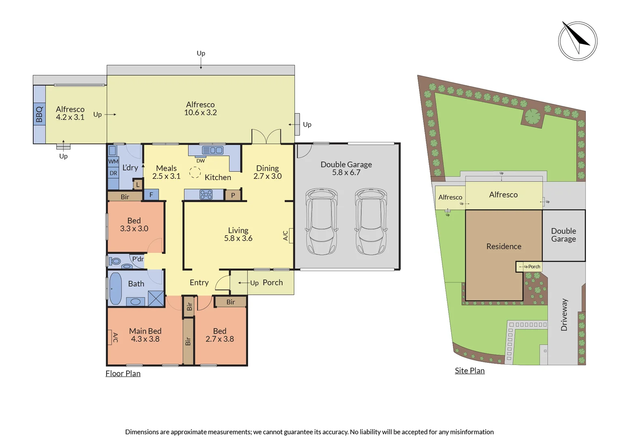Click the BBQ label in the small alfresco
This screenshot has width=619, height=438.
point(39,114)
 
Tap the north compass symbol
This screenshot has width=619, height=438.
point(578,41)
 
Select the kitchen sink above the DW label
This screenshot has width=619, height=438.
point(212,150)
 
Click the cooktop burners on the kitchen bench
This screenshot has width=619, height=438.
point(206,194)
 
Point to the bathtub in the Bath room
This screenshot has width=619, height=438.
point(116,288)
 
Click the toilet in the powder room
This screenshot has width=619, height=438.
point(115,261)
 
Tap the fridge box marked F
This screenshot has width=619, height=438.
point(151,195)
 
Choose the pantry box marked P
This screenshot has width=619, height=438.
point(233,195)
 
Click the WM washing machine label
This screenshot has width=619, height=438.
point(113,161)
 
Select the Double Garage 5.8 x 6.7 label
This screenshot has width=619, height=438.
point(346,168)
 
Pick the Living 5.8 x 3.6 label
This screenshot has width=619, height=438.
point(238,234)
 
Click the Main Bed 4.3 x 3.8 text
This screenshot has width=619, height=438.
point(145,335)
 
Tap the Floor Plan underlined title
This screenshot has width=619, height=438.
point(123,374)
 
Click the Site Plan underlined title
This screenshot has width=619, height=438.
point(470,371)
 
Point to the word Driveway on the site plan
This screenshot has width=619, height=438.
point(564,315)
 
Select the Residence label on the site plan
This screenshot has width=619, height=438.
point(504,247)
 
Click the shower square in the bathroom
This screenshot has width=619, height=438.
point(156,298)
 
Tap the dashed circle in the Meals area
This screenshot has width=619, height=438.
point(195,172)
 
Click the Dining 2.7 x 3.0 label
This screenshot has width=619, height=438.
point(268,172)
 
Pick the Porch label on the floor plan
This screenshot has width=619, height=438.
point(273,282)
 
